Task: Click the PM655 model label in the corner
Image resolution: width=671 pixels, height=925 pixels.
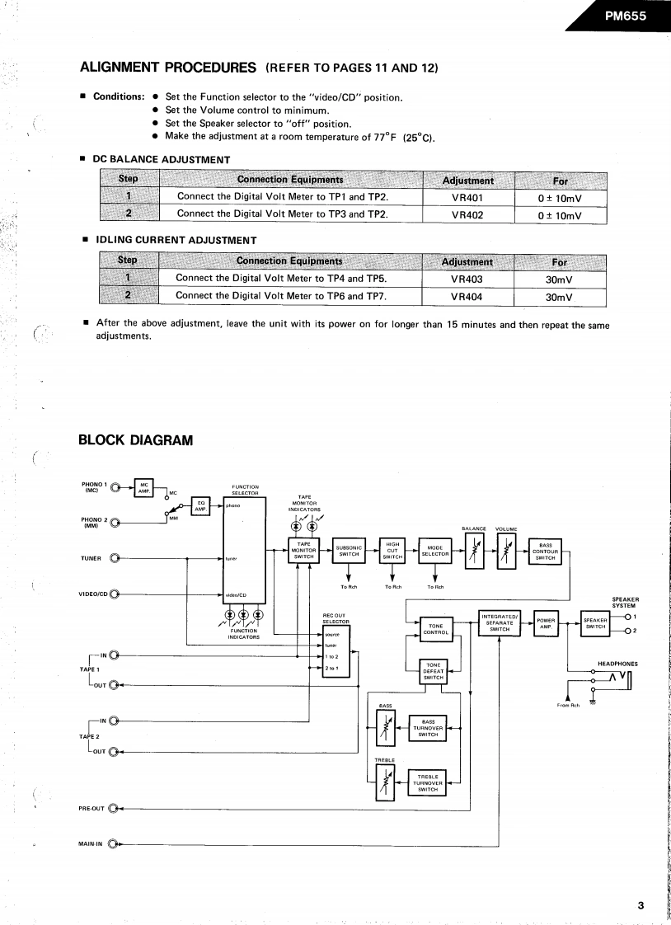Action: click(626, 15)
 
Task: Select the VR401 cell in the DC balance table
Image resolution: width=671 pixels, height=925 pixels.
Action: click(467, 198)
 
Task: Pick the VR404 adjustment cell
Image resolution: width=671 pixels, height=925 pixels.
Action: click(467, 296)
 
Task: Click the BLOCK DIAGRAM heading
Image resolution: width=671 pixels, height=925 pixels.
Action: click(135, 439)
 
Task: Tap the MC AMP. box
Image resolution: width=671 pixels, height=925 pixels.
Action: click(144, 486)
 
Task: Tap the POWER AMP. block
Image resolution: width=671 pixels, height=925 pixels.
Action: click(544, 623)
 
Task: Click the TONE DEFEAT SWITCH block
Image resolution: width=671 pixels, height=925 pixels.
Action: click(434, 672)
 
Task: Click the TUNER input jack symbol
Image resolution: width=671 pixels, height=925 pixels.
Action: click(115, 559)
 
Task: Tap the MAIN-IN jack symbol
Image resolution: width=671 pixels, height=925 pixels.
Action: click(113, 844)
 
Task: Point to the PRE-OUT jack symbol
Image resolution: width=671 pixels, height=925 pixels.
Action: click(113, 809)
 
